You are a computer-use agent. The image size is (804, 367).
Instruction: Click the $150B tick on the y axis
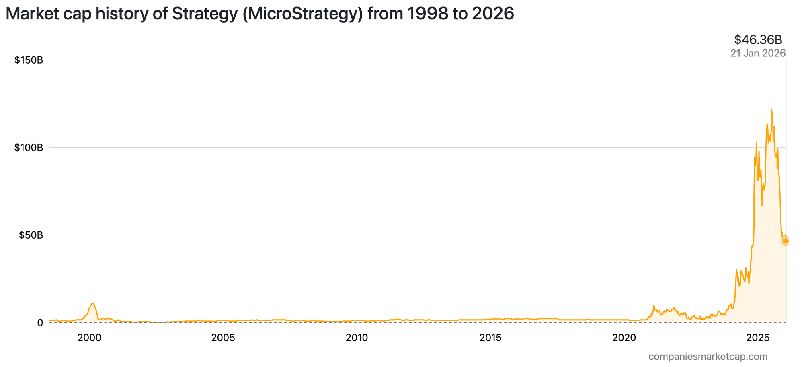pyautogui.click(x=29, y=60)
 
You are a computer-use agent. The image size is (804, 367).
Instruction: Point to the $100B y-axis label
pyautogui.click(x=29, y=148)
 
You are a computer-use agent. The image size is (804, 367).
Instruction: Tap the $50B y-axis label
pyautogui.click(x=31, y=235)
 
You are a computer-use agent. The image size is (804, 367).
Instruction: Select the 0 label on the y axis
pyautogui.click(x=40, y=323)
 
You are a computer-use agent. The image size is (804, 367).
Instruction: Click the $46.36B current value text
pyautogui.click(x=758, y=40)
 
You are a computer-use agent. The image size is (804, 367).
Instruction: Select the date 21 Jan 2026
pyautogui.click(x=758, y=53)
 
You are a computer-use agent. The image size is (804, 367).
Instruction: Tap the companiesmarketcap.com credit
pyautogui.click(x=708, y=356)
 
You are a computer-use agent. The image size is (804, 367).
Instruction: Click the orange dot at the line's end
pyautogui.click(x=786, y=241)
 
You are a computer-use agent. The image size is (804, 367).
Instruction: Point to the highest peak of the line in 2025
pyautogui.click(x=771, y=109)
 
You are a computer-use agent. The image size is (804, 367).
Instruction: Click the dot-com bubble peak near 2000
pyautogui.click(x=92, y=303)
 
